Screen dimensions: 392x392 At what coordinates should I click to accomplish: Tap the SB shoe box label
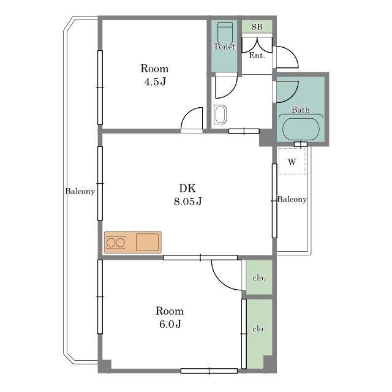257,27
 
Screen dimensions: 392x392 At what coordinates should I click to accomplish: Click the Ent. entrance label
257,55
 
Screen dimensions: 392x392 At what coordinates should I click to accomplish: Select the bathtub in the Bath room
301,129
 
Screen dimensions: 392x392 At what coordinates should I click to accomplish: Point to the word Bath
301,110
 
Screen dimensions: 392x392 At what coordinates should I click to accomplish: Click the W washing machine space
292,162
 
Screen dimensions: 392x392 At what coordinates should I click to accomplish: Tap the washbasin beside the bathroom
221,115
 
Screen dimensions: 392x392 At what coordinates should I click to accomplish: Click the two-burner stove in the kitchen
116,243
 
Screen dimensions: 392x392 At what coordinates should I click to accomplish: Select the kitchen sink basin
147,243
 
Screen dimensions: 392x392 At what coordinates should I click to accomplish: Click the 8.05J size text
188,202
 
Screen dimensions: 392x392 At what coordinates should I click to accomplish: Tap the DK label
187,188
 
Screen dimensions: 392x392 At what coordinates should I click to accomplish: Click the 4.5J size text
155,81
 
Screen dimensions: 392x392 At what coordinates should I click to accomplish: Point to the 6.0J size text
170,324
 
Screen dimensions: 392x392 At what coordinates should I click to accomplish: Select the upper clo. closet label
258,277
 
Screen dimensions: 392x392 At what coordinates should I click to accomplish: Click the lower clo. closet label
258,329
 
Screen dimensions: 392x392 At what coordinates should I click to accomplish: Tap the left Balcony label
80,192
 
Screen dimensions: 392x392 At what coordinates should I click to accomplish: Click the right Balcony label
292,200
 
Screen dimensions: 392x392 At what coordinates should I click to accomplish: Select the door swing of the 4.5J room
192,118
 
